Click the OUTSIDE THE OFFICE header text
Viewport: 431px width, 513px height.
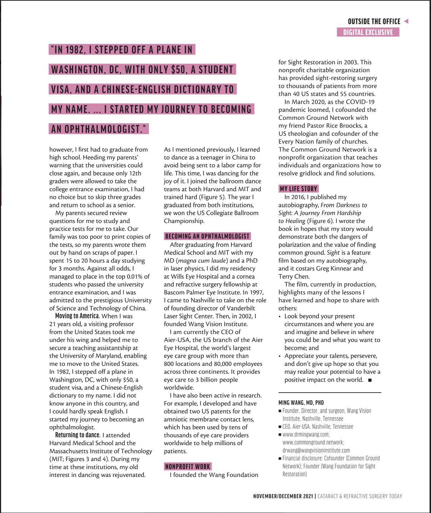click(x=374, y=22)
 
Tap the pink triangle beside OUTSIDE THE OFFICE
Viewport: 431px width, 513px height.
click(x=406, y=21)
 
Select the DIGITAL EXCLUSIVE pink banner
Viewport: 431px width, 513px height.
click(x=368, y=33)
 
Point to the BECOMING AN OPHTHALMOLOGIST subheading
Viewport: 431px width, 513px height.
click(x=207, y=236)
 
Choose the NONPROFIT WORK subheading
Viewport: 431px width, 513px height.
click(x=187, y=467)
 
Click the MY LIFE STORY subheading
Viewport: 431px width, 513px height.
click(x=298, y=189)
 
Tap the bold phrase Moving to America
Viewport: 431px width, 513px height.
click(x=77, y=316)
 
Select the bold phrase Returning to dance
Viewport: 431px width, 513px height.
click(x=77, y=435)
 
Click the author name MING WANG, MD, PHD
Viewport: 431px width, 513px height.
click(x=301, y=403)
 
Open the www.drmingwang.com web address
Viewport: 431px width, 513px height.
click(x=306, y=435)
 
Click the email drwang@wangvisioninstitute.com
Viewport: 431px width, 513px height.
click(x=316, y=450)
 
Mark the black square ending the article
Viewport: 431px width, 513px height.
click(x=370, y=380)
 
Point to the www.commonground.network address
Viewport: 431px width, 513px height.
click(x=313, y=443)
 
